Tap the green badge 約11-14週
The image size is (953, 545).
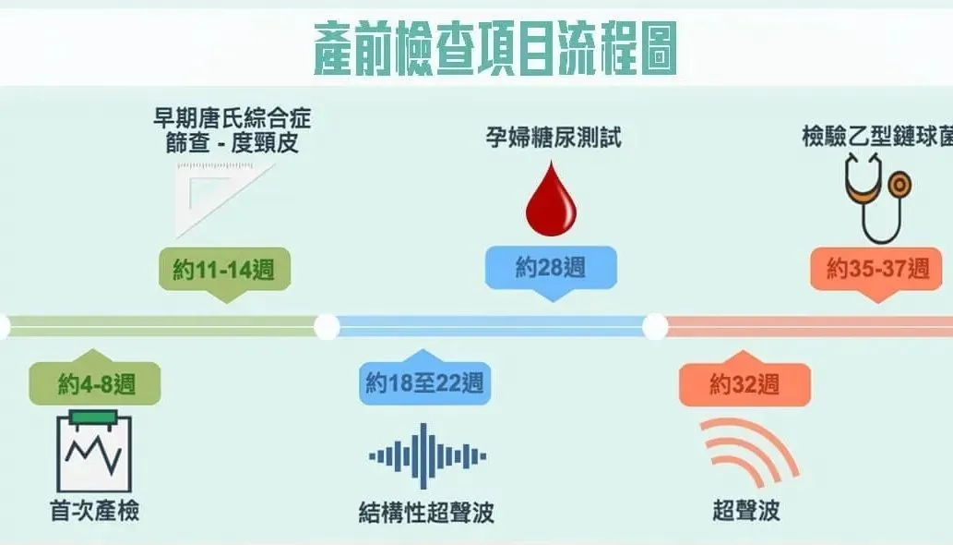click(x=223, y=270)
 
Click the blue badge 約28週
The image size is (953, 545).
click(x=551, y=268)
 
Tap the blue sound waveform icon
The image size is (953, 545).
click(x=423, y=455)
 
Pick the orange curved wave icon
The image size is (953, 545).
click(x=747, y=451)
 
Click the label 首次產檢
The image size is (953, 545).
click(x=95, y=511)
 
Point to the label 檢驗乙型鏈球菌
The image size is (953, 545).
click(x=876, y=138)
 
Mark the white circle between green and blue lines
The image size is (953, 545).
click(x=327, y=326)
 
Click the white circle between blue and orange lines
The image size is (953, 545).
click(x=655, y=326)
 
